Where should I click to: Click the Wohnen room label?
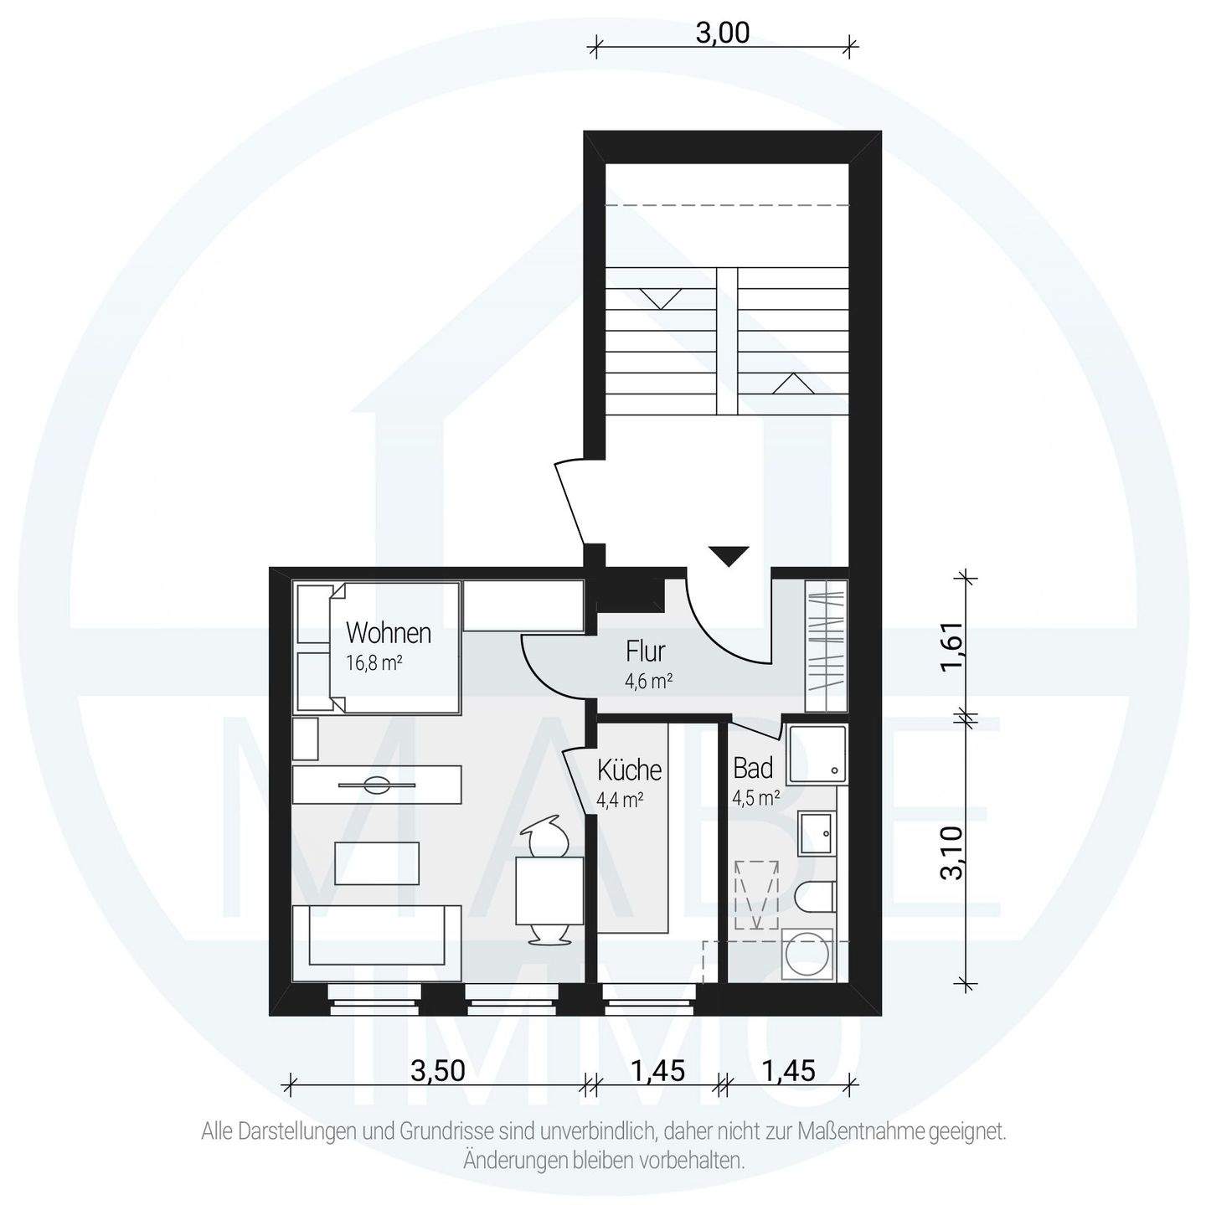(389, 634)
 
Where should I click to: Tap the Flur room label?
(645, 651)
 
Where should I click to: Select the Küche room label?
(629, 770)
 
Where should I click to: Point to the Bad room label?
(753, 768)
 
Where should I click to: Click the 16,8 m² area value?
(374, 663)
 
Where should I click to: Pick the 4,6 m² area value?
(649, 681)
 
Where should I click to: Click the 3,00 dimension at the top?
(722, 33)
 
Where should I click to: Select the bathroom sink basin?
(817, 834)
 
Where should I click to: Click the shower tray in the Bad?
(817, 755)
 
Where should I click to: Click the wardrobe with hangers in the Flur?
(826, 646)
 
